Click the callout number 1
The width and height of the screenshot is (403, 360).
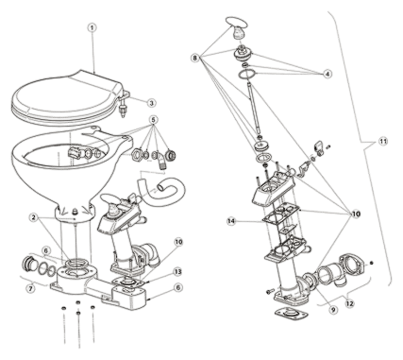click(92, 27)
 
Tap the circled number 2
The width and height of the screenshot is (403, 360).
click(35, 217)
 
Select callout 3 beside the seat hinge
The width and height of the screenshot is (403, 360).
click(151, 103)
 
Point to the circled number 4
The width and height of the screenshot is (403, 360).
click(327, 74)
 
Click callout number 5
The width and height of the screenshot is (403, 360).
click(154, 120)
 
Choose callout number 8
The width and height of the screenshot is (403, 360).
click(195, 58)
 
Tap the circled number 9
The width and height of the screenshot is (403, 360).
click(333, 310)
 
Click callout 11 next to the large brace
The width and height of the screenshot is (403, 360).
click(382, 142)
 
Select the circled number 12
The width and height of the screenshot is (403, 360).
click(350, 303)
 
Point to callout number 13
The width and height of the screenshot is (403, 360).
click(178, 271)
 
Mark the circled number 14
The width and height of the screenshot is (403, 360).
click(231, 222)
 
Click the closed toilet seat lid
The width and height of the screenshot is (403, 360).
click(66, 97)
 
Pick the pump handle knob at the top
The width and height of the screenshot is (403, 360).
click(238, 29)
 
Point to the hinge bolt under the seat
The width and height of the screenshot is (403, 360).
click(122, 110)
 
